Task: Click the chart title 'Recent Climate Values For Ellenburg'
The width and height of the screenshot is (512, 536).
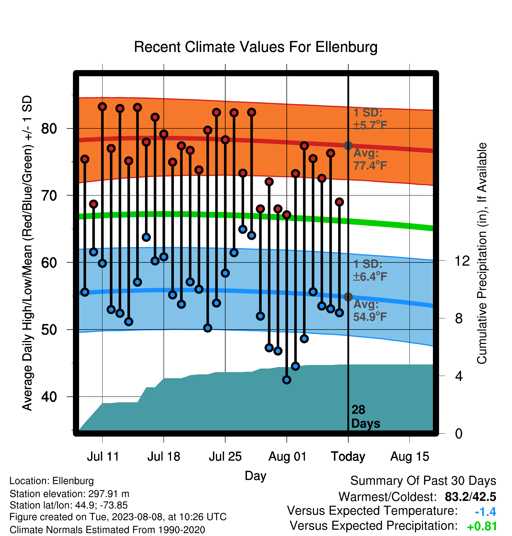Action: (x=256, y=47)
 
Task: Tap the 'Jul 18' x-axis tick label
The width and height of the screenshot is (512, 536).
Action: (x=164, y=457)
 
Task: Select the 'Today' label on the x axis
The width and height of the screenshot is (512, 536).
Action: (x=348, y=457)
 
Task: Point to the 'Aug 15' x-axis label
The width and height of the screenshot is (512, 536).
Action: (x=410, y=457)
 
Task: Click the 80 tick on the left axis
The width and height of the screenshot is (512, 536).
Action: (x=49, y=128)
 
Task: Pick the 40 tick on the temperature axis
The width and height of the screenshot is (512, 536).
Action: (x=49, y=397)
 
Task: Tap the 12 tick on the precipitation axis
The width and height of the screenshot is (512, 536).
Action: (x=462, y=261)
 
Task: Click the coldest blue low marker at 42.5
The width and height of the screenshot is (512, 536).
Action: (x=287, y=380)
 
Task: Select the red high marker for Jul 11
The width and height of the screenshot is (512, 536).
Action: (x=102, y=106)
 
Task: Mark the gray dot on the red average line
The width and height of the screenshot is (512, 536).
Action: (x=348, y=145)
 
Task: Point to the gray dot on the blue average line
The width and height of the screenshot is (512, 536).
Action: (x=348, y=297)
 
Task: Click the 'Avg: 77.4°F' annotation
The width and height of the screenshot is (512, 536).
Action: (x=370, y=159)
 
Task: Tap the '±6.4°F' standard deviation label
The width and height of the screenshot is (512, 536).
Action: (x=370, y=277)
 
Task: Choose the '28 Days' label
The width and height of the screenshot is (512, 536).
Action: (x=366, y=417)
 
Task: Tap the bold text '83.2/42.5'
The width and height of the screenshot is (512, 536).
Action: (x=470, y=497)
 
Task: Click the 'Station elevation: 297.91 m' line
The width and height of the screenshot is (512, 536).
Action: (x=69, y=494)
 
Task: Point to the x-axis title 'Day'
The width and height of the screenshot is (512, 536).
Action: (x=256, y=476)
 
